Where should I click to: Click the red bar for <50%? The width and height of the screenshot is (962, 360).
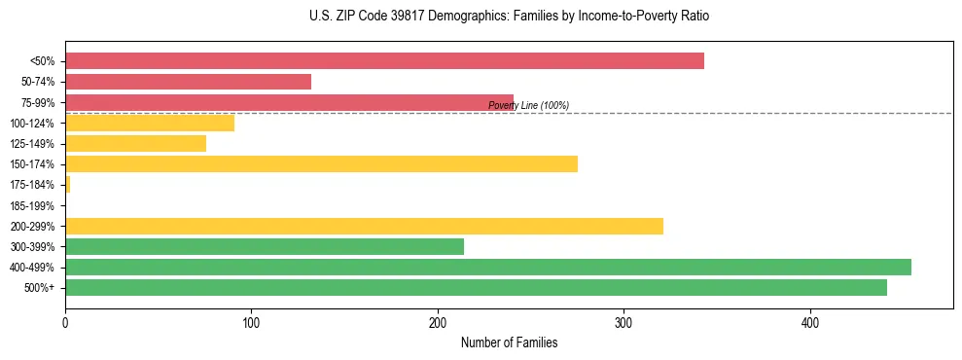(384, 61)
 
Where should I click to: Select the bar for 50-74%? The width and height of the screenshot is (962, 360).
(188, 82)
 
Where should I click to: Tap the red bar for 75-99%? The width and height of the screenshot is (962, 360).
(289, 102)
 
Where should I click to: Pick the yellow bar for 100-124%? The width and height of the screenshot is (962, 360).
(150, 123)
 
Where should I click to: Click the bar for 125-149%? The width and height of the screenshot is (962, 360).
(135, 143)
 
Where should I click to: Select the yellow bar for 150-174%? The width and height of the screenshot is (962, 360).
(321, 163)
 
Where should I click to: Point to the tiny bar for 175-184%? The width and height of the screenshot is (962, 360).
(67, 184)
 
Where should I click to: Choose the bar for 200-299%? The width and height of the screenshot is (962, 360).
(364, 226)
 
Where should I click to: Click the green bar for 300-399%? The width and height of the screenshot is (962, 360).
(265, 246)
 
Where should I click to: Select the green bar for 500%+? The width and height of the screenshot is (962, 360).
(476, 287)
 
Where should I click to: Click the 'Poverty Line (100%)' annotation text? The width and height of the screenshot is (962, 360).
(528, 105)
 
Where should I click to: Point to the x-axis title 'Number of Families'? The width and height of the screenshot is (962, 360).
(509, 342)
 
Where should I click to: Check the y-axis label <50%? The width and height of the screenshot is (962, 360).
(43, 61)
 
